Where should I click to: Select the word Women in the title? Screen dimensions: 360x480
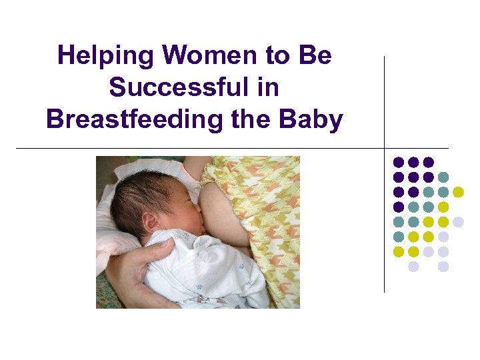click(192, 55)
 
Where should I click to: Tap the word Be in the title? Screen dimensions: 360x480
click(316, 55)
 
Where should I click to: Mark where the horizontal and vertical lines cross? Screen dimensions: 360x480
click(385, 147)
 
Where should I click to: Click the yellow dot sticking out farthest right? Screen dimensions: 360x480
click(458, 192)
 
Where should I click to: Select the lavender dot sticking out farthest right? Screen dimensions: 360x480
click(458, 222)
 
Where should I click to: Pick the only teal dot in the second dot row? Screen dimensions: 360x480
click(443, 177)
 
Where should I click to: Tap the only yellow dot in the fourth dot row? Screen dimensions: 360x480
click(443, 207)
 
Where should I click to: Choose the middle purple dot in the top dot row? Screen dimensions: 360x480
click(413, 162)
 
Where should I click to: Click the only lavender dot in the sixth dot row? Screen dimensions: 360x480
click(443, 237)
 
